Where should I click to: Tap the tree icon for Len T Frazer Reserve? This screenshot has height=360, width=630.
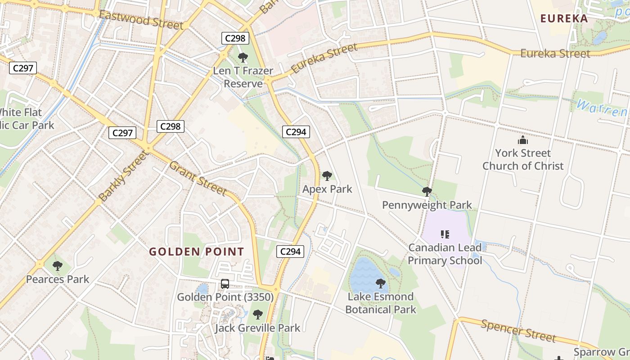pyautogui.click(x=243, y=58)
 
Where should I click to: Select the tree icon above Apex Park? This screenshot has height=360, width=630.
pyautogui.click(x=327, y=176)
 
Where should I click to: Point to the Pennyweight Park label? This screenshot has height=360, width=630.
pyautogui.click(x=427, y=205)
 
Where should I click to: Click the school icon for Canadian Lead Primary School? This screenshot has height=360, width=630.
pyautogui.click(x=445, y=234)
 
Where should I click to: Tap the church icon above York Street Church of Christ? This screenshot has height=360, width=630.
pyautogui.click(x=522, y=140)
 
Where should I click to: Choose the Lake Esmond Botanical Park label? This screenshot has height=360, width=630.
pyautogui.click(x=381, y=303)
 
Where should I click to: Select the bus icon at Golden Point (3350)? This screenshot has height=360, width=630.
pyautogui.click(x=225, y=284)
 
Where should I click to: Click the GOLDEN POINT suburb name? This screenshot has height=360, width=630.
pyautogui.click(x=197, y=252)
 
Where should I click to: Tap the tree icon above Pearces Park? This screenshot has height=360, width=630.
pyautogui.click(x=57, y=266)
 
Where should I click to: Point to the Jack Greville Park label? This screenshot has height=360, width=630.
pyautogui.click(x=257, y=328)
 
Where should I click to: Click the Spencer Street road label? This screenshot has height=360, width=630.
pyautogui.click(x=518, y=331)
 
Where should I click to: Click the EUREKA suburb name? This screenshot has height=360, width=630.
pyautogui.click(x=564, y=18)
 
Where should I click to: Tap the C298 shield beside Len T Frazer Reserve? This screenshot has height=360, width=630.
pyautogui.click(x=235, y=38)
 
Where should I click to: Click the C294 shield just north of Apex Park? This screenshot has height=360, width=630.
pyautogui.click(x=296, y=132)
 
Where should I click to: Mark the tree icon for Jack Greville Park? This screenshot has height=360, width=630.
pyautogui.click(x=257, y=315)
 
